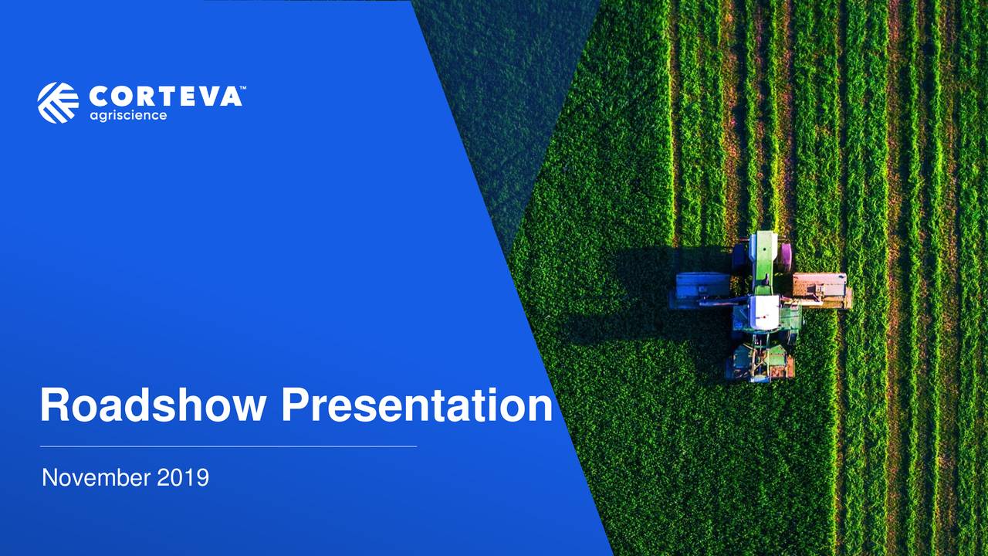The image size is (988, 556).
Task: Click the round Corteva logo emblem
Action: tap(58, 103)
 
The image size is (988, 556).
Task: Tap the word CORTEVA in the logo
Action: tap(165, 97)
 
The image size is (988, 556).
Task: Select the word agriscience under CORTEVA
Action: tap(128, 116)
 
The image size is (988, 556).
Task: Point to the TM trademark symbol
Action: tap(242, 89)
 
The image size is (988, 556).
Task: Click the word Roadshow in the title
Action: tap(152, 405)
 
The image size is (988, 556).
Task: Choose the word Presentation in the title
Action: tap(417, 405)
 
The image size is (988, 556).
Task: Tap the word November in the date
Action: tap(96, 478)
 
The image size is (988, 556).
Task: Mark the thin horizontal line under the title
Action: tap(228, 446)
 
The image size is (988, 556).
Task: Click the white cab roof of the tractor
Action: tap(766, 311)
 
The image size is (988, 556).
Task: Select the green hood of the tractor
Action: tap(764, 259)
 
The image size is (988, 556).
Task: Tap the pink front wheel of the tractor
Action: tap(785, 256)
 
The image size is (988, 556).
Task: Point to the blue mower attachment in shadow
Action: tap(702, 287)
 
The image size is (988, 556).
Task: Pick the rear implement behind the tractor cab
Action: tap(760, 361)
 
